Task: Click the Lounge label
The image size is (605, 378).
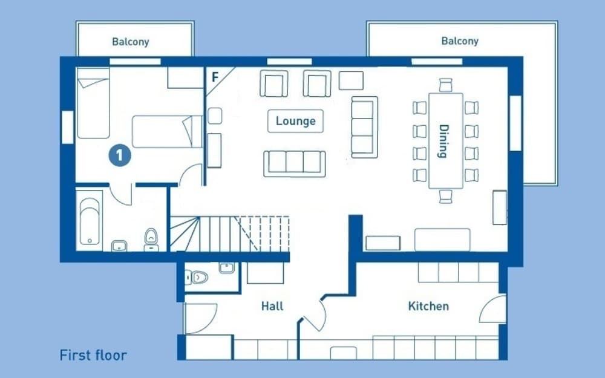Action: (296, 121)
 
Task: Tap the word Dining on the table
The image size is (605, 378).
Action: (444, 141)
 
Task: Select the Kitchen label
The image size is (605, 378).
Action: (428, 306)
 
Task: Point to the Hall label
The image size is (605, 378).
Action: (272, 306)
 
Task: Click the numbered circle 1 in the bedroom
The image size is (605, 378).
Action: (120, 155)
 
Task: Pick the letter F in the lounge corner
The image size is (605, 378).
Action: (215, 77)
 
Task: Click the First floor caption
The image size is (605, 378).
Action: (93, 355)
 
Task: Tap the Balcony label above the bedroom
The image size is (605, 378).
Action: (131, 42)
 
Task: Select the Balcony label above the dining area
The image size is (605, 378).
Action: (460, 41)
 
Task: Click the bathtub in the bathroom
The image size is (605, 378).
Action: (90, 221)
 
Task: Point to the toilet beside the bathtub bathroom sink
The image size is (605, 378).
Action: (151, 240)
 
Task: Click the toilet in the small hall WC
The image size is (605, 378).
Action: (197, 277)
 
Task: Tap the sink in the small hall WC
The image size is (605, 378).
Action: (226, 268)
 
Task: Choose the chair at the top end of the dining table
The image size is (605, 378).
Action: (446, 85)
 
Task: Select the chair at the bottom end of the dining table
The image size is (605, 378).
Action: (446, 197)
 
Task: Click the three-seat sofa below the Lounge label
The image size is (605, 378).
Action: (295, 164)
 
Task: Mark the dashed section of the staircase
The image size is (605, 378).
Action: (264, 233)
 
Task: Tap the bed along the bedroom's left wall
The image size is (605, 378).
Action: (93, 103)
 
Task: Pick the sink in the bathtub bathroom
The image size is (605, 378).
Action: (119, 246)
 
